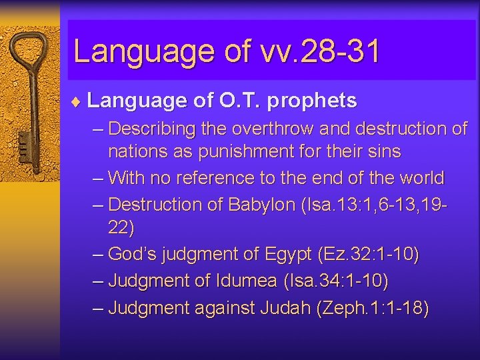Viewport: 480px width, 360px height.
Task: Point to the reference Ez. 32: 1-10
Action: (x=369, y=254)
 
